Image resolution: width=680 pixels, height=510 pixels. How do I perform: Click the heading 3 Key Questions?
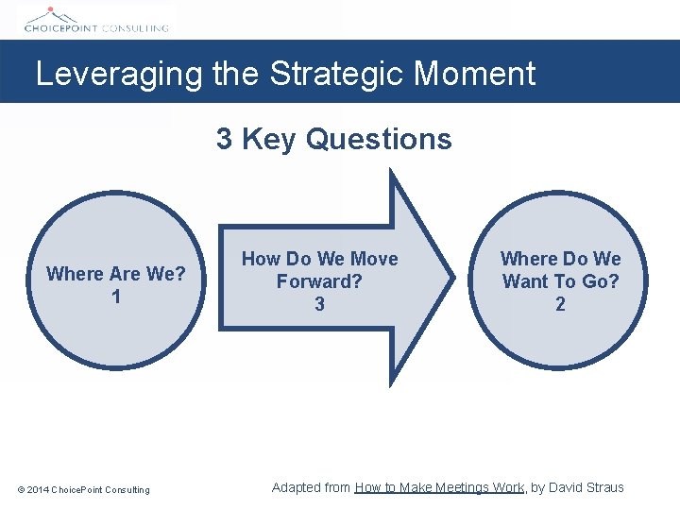333,140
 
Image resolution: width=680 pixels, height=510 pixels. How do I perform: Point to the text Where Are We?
115,274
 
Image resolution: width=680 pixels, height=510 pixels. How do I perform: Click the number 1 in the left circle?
115,297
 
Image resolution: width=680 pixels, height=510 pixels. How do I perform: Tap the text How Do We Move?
319,259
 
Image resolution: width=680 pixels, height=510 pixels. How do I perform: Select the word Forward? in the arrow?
319,281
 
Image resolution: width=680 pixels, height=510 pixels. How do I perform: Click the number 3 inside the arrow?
319,304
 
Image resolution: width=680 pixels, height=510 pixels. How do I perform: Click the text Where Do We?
560,259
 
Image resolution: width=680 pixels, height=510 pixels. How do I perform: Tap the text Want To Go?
560,281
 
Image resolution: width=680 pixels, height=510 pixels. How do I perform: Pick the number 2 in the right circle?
560,304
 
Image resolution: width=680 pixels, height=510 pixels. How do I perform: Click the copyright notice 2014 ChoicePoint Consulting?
83,489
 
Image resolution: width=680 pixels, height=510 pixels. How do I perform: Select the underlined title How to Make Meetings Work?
439,487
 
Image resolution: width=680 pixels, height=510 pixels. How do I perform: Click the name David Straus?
586,487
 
